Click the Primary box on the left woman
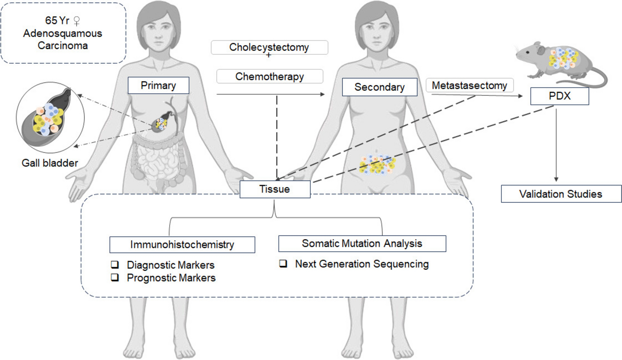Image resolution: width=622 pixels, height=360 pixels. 158,85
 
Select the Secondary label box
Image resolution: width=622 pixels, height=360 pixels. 379,87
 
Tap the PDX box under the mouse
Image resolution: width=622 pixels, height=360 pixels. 559,96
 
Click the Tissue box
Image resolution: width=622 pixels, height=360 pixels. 275,189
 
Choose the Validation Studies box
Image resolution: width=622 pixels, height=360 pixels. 561,194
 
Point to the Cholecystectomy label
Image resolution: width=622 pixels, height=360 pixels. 269,47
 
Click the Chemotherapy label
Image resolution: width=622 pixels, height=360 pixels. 270,77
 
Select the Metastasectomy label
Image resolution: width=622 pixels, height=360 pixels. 469,85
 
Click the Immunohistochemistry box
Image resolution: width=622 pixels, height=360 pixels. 182,245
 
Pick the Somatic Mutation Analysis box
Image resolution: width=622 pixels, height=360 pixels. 362,244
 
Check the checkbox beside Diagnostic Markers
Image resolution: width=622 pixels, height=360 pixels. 115,264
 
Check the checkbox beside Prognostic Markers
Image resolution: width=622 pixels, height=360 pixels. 115,277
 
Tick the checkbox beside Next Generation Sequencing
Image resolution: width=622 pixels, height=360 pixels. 283,264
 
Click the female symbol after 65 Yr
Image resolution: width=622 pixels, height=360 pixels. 77,21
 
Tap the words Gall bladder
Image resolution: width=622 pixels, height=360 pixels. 50,163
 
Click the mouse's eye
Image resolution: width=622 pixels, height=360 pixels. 527,52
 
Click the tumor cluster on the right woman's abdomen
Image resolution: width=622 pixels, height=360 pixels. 377,165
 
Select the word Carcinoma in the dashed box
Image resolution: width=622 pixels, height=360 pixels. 63,46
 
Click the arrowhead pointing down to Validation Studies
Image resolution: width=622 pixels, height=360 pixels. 556,179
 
